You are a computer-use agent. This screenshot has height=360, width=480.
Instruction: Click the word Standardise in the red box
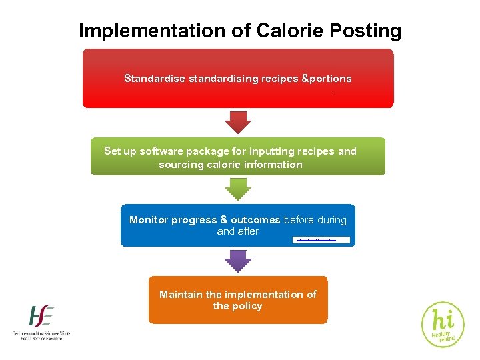155,79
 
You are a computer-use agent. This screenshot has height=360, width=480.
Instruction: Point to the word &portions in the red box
327,79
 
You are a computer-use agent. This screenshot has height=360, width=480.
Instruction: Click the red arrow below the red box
238,121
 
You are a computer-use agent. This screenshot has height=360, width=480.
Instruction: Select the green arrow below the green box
238,189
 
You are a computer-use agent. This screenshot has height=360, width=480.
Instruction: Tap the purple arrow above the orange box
238,260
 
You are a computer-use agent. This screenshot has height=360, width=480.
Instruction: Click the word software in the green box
165,151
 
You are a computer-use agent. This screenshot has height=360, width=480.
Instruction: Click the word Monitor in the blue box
149,220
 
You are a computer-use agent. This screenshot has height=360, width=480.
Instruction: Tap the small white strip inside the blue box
321,239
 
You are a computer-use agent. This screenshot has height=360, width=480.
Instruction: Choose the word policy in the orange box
247,307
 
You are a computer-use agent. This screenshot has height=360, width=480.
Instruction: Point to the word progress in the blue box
194,220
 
